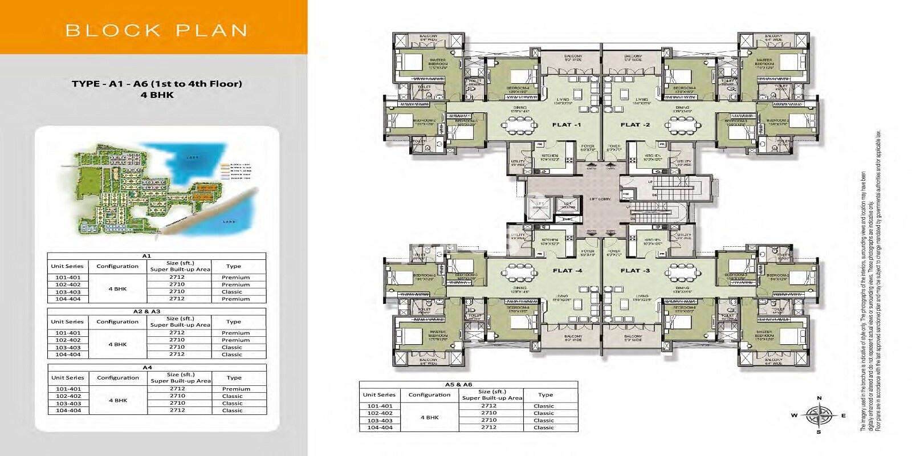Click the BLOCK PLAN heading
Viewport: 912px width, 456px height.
156,30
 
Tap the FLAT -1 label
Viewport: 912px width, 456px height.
566,125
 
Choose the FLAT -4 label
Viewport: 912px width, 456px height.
567,271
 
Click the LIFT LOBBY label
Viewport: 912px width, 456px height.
600,199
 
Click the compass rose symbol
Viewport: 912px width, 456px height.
819,416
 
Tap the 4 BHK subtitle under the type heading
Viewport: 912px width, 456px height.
157,95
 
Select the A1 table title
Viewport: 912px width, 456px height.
146,256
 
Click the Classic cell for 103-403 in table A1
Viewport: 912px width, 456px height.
232,292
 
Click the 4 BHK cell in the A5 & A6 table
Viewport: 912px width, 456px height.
429,417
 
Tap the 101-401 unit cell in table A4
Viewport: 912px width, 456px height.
68,389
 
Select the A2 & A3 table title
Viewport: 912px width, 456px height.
146,312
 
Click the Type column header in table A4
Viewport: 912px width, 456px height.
234,378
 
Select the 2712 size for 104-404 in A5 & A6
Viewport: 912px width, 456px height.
488,427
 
